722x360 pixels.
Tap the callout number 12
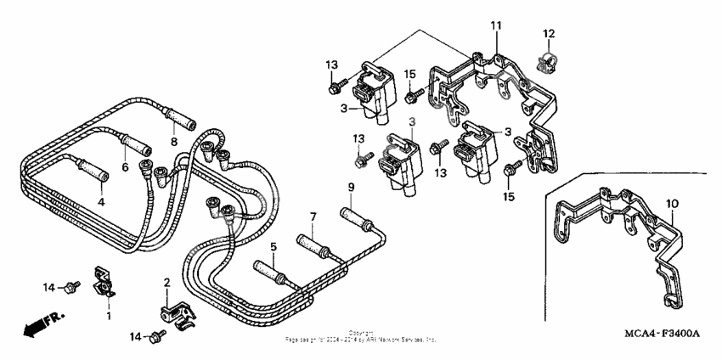[x=549, y=33]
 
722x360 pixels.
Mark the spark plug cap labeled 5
[x=272, y=277]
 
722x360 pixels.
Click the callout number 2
[x=167, y=282]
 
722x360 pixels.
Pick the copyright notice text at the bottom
[x=361, y=337]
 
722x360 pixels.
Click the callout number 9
[x=349, y=187]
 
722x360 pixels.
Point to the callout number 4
[x=100, y=202]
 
